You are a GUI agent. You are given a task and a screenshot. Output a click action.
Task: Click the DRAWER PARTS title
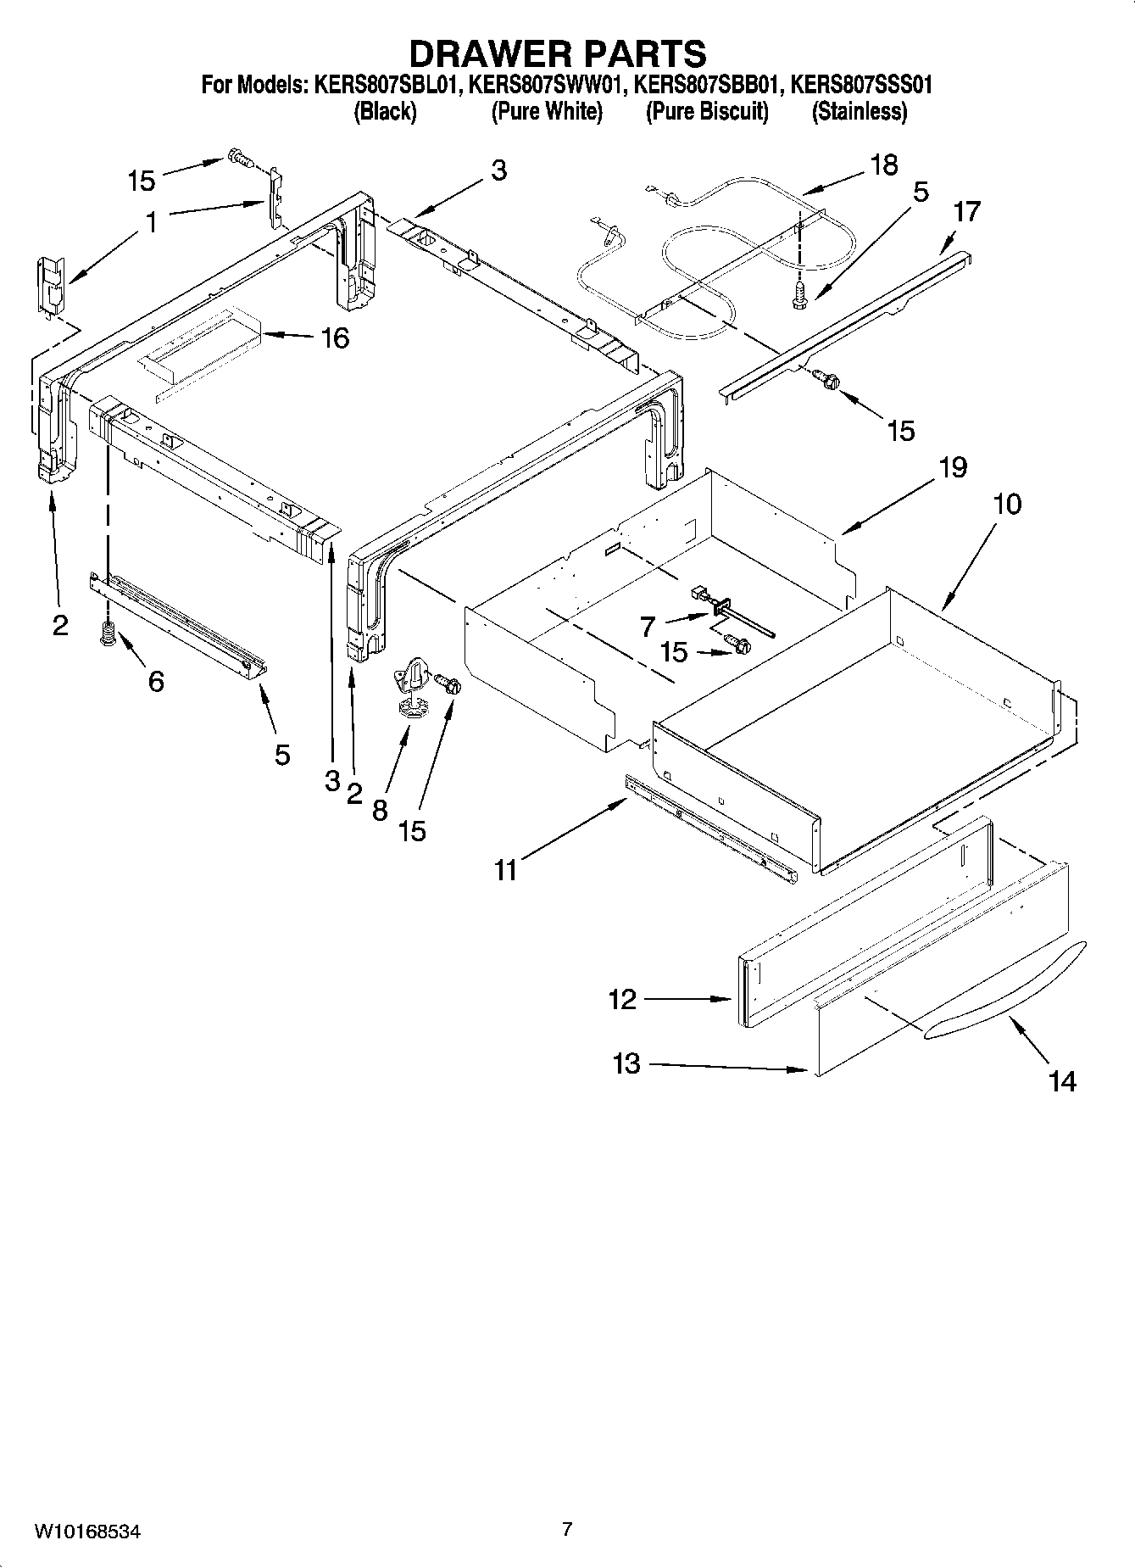(558, 53)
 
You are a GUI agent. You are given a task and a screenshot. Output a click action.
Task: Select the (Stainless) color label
(859, 112)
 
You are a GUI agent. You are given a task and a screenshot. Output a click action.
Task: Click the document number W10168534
(86, 1532)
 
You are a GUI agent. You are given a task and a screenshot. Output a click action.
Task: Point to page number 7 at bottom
(567, 1529)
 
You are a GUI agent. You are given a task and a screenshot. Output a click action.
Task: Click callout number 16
(335, 338)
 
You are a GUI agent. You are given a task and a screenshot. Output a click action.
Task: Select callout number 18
(883, 165)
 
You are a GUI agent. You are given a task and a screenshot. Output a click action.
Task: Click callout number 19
(953, 467)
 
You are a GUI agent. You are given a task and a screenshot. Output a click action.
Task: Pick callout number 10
(1007, 504)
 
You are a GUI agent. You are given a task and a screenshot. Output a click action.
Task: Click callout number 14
(1061, 1081)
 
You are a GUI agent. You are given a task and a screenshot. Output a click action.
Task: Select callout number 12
(621, 999)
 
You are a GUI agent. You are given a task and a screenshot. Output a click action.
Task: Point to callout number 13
(626, 1063)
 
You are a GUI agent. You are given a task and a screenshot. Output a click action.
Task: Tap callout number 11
(505, 870)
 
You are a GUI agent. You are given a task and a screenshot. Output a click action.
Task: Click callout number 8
(379, 810)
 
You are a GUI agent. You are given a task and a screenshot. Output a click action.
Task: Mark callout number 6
(156, 680)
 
